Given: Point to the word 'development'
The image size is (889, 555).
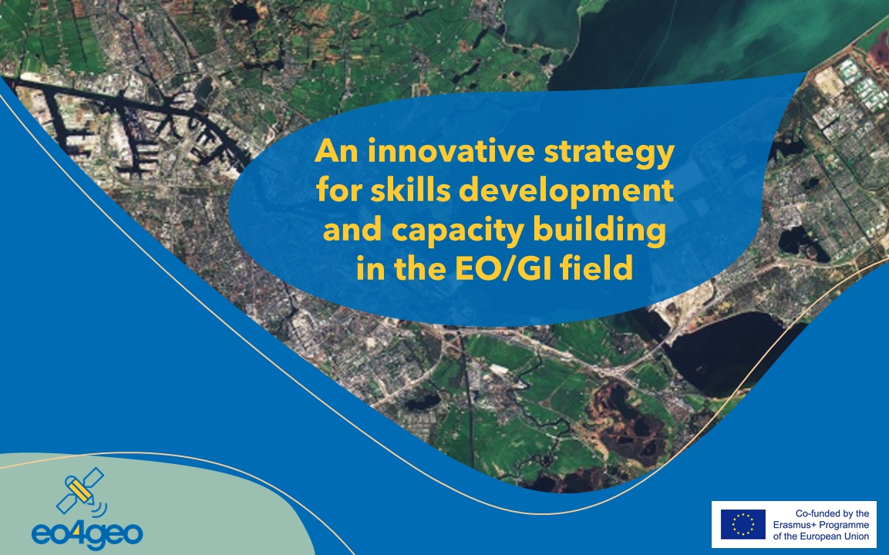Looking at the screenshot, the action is (567, 192).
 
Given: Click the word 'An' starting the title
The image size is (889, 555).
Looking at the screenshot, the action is (337, 151).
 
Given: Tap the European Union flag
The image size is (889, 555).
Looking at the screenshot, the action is (743, 524).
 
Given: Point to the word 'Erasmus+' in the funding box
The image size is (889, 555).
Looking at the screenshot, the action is (793, 525).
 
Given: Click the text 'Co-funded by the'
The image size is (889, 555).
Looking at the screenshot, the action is (832, 513).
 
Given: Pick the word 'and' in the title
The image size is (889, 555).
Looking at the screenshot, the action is (352, 230).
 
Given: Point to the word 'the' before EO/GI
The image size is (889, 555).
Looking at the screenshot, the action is (420, 268).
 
